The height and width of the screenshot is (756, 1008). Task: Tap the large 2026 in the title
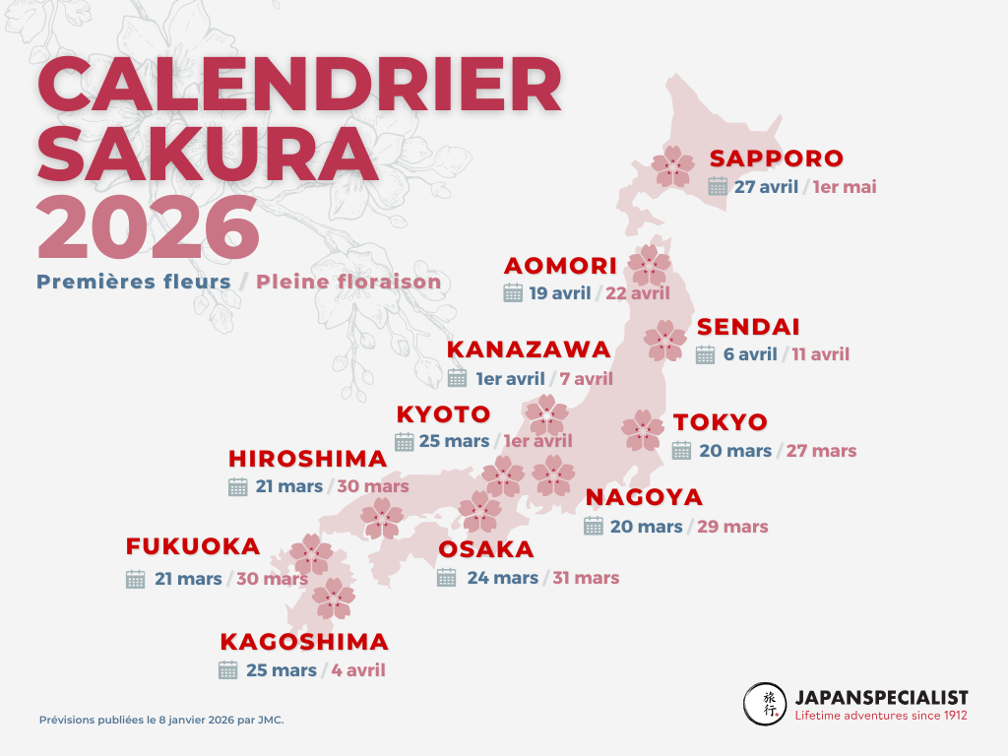point(149,227)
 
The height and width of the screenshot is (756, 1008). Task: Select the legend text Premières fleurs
point(134,283)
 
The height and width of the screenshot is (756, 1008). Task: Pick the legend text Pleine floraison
point(348,283)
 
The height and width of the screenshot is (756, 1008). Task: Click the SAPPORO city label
point(777,158)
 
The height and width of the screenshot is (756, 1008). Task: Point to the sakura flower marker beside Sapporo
point(674,166)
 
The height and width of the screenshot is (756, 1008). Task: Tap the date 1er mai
point(845,187)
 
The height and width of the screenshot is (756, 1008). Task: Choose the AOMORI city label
point(560,266)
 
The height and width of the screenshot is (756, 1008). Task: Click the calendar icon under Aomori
point(513,292)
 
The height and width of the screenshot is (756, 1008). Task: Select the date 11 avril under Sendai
point(820,354)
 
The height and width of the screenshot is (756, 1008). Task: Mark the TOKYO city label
point(720,422)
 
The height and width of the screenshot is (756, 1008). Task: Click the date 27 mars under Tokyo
point(821,451)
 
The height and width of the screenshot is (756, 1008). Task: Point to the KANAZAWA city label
point(529,350)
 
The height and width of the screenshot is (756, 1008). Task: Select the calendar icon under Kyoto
point(405,441)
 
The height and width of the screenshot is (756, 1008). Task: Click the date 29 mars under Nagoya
point(732,527)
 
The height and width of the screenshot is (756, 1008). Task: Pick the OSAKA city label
point(486,549)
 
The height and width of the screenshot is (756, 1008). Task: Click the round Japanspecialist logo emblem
point(765,704)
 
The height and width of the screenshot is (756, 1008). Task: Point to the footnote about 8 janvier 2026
point(161,720)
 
